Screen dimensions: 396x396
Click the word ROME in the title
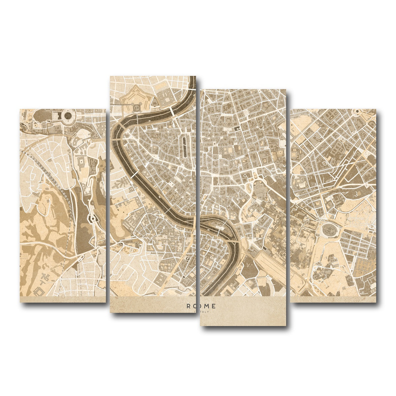coord(201,306)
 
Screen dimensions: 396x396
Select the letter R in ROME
coord(189,306)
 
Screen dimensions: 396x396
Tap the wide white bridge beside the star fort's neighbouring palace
coord(172,112)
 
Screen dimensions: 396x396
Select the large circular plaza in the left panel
coord(68,115)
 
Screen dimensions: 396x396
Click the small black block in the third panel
coord(237,128)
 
